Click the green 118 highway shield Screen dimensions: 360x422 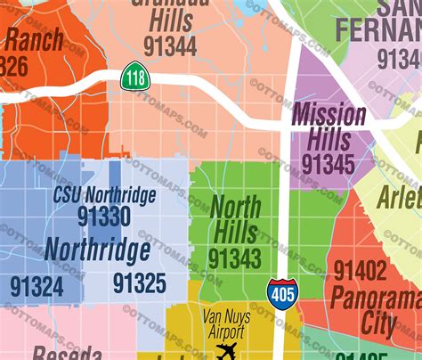tap(135, 78)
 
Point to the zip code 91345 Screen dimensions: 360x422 tap(327, 163)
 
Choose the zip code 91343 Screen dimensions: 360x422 tap(234, 258)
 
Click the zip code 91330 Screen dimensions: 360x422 tap(103, 217)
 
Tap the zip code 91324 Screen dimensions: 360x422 tap(37, 285)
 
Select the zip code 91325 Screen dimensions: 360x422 tap(139, 283)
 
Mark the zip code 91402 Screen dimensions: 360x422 tap(361, 270)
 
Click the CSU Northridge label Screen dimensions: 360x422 tap(104, 194)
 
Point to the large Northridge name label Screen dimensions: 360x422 tap(97, 250)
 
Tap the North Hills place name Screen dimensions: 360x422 tap(235, 220)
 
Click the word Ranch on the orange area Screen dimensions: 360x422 tap(33, 39)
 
